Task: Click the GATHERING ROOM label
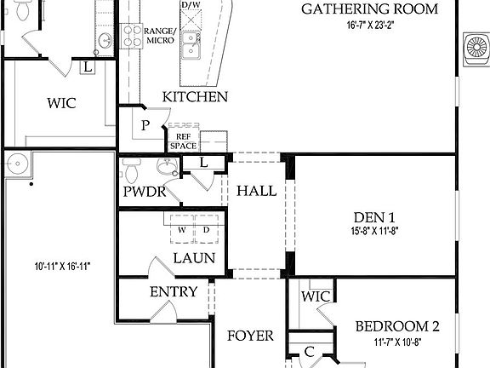(370, 9)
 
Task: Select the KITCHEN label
(196, 97)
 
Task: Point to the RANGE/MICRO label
(160, 36)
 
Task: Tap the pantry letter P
(145, 126)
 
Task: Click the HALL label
(256, 191)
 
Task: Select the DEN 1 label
(374, 216)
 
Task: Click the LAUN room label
(194, 258)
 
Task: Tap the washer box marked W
(182, 230)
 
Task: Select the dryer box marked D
(205, 230)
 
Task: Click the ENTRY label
(174, 292)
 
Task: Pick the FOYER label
(250, 336)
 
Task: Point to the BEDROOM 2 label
(397, 326)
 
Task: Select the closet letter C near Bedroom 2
(310, 351)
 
